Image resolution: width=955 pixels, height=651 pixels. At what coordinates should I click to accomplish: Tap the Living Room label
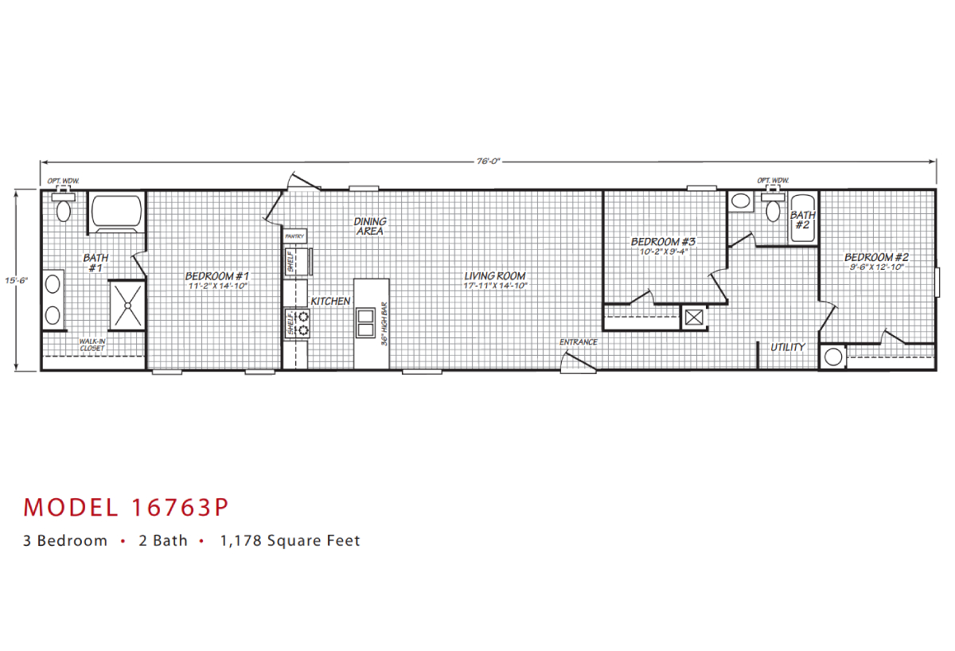pos(495,276)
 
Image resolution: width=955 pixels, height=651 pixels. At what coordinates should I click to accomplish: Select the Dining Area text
pos(370,226)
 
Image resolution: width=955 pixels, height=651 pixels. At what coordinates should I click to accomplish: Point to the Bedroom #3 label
pos(664,242)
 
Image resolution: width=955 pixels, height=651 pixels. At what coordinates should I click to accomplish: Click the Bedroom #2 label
pos(876,257)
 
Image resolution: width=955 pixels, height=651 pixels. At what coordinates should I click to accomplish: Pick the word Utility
pos(787,347)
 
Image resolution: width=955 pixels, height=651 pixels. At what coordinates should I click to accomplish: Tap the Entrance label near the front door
pos(578,342)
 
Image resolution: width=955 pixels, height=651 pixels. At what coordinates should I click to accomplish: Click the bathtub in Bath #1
pos(116,212)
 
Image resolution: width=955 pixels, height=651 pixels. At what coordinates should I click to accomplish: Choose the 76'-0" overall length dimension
pos(488,162)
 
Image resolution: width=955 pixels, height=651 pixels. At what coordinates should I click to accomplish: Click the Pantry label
pos(294,236)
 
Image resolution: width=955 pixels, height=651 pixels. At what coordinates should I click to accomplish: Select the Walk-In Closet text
pos(92,344)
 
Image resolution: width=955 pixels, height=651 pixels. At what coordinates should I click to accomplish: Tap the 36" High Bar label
pos(384,322)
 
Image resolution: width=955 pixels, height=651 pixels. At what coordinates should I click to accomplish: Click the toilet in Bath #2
pos(771,211)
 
